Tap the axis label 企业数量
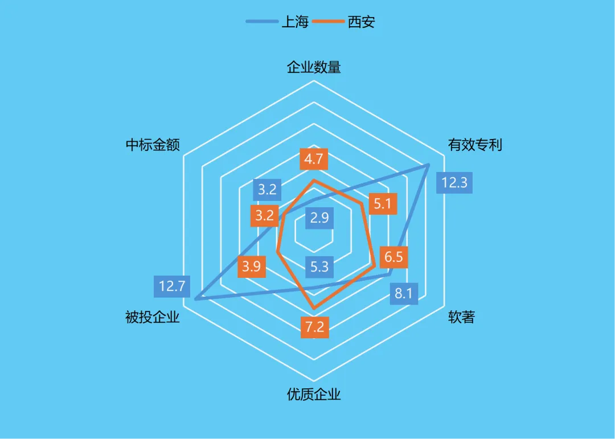(314, 67)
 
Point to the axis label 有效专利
(475, 145)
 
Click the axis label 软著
(461, 317)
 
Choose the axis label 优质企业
(314, 394)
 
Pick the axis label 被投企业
(153, 317)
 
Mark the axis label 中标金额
(153, 145)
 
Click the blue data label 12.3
(454, 183)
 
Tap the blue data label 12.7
(173, 286)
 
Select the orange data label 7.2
(314, 327)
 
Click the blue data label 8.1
(404, 294)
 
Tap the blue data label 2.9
(320, 218)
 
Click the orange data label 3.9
(251, 266)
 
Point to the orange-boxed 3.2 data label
(264, 216)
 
